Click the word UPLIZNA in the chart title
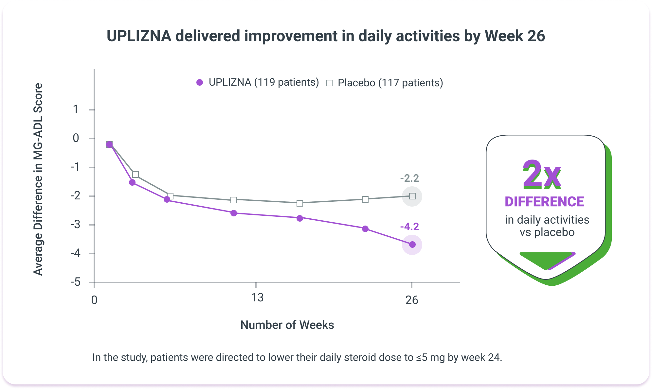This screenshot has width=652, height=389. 139,36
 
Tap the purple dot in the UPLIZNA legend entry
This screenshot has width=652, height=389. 200,83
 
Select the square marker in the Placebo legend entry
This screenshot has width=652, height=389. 329,83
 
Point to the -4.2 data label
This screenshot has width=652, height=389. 409,227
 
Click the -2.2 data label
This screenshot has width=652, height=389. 409,178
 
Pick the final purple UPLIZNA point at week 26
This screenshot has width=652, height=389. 412,245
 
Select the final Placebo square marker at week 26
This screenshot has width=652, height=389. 412,196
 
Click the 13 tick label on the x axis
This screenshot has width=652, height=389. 257,298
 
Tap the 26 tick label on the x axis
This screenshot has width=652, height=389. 412,300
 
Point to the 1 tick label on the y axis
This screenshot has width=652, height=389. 76,109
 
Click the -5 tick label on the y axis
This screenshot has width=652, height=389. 76,282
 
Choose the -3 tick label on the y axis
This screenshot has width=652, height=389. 76,225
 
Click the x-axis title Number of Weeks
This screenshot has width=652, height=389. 287,325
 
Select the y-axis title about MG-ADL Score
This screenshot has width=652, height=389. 38,179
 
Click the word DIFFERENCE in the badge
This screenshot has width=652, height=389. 544,202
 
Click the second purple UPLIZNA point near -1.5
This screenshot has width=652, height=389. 132,182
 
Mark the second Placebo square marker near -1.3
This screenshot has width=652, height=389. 136,175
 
